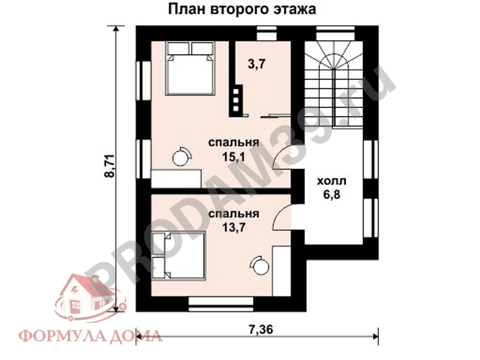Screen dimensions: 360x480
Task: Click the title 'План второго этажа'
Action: (241, 10)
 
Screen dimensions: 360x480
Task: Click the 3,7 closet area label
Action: (256, 65)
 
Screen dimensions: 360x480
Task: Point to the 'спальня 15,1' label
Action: (233, 149)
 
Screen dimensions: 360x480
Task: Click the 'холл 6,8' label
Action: (331, 187)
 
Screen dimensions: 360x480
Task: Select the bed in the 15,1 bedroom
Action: (191, 68)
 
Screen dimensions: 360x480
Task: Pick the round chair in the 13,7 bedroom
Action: (260, 264)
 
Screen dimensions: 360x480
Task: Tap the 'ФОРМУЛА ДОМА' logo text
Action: (90, 335)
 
